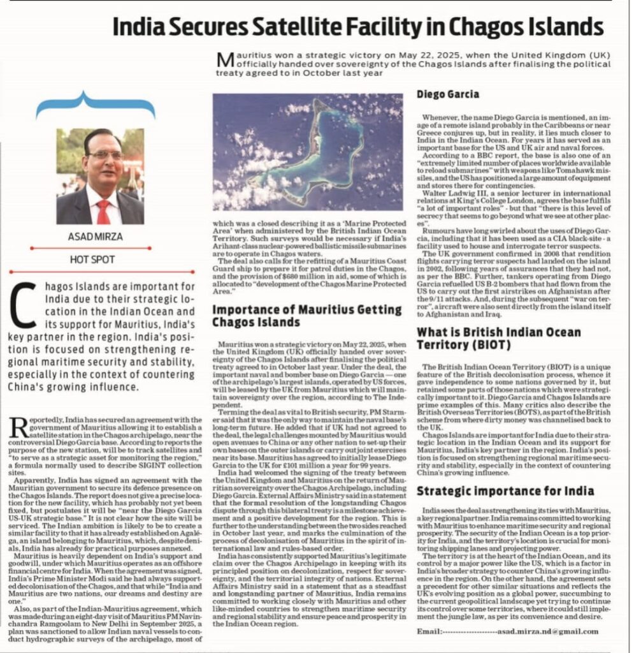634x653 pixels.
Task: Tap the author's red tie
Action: point(103,211)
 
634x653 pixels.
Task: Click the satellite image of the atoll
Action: point(307,152)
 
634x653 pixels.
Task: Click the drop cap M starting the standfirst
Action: point(224,59)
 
